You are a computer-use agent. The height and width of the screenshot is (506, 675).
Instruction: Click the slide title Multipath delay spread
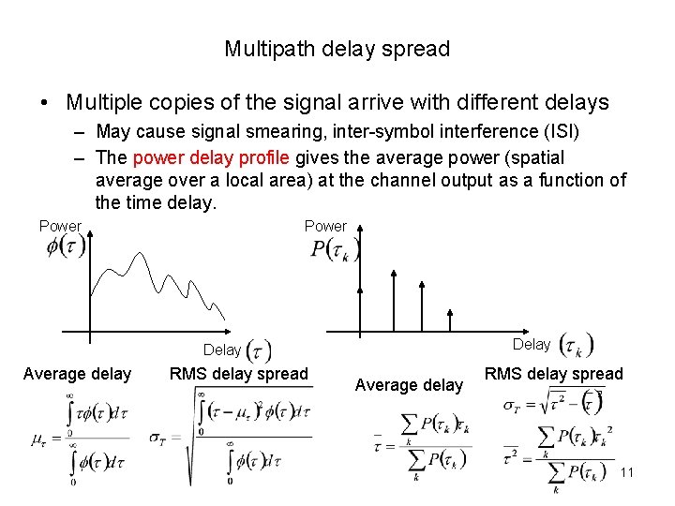click(x=337, y=49)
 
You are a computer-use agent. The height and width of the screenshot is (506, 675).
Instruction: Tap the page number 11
click(x=627, y=472)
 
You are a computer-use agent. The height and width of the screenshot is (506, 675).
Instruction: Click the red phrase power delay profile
click(x=211, y=157)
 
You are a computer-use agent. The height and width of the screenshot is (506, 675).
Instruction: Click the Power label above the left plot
click(x=60, y=226)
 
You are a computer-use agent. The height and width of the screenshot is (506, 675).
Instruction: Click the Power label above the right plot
click(x=325, y=226)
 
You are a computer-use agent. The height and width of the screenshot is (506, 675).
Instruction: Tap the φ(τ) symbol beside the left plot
click(x=66, y=246)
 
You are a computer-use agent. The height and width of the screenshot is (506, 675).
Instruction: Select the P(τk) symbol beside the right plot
click(x=335, y=248)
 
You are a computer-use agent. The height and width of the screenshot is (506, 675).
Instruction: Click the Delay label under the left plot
click(x=222, y=350)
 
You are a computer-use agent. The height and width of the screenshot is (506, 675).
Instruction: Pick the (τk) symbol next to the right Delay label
click(x=576, y=346)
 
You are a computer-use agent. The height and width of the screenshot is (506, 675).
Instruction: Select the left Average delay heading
click(x=77, y=375)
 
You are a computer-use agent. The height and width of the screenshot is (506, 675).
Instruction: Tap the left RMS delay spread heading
click(x=238, y=375)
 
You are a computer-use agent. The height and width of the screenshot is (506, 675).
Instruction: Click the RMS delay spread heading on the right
click(x=553, y=375)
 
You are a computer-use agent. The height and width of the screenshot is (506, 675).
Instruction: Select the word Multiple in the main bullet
click(x=103, y=102)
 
